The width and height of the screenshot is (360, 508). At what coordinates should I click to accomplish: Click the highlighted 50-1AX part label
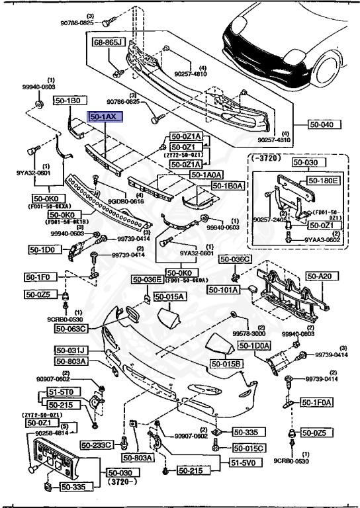103,116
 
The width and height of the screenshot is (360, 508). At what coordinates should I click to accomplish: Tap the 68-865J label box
108,42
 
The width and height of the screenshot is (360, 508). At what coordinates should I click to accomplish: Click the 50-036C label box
236,259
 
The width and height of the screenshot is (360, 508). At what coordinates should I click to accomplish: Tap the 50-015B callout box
226,364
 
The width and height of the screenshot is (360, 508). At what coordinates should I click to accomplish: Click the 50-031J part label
72,350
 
